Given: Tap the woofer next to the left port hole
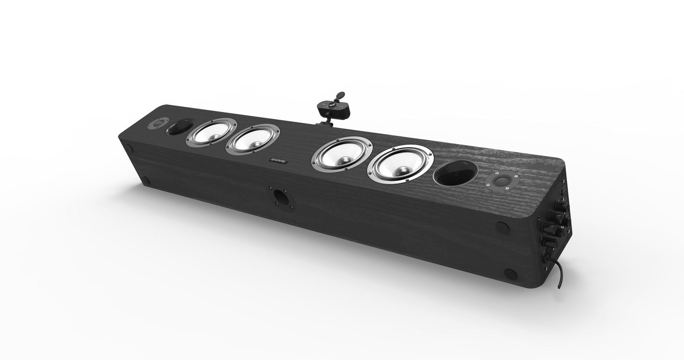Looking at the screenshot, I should (x=211, y=133).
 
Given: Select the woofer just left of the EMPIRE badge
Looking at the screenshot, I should (x=252, y=140).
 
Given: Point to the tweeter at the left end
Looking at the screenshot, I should (x=155, y=124).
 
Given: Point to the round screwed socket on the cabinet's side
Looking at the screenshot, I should (x=280, y=196).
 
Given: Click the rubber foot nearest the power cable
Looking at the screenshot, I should (x=510, y=272).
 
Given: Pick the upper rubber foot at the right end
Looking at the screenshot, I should (x=501, y=224).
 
